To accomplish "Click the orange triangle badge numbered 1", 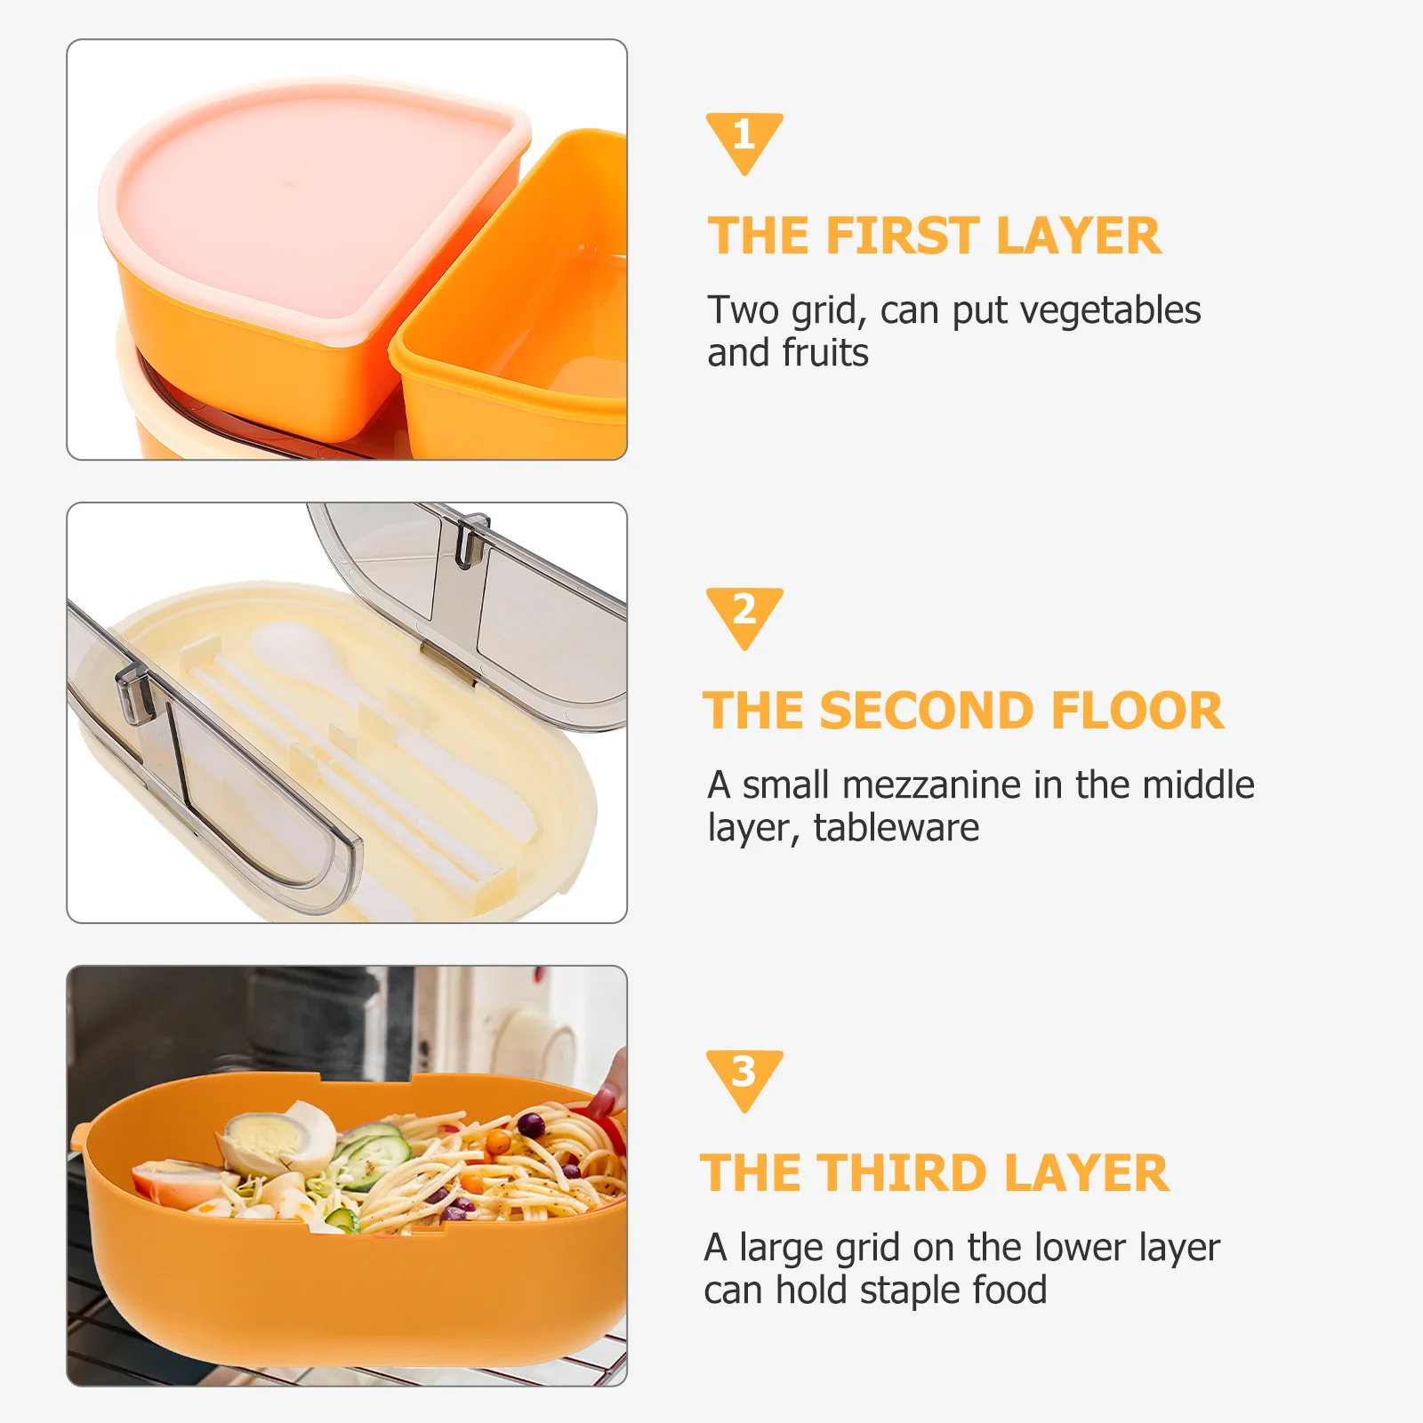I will click(744, 140).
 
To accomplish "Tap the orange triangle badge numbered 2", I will click(744, 615).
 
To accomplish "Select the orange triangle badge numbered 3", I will click(744, 1077).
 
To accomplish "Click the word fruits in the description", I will click(825, 354).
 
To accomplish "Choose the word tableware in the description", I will click(896, 829).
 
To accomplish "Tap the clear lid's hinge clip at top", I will click(471, 538).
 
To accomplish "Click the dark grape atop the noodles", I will click(531, 1125).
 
